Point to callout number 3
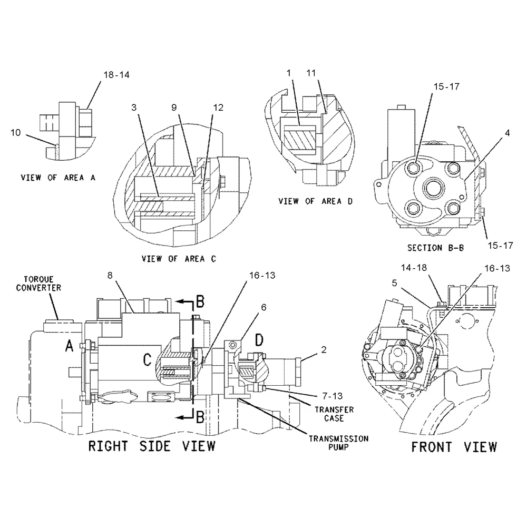coord(135,108)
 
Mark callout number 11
coord(311,72)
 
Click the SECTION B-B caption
coord(435,247)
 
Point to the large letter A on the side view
coord(69,346)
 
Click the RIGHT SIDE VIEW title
coord(152,446)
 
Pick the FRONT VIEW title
coord(454,447)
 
